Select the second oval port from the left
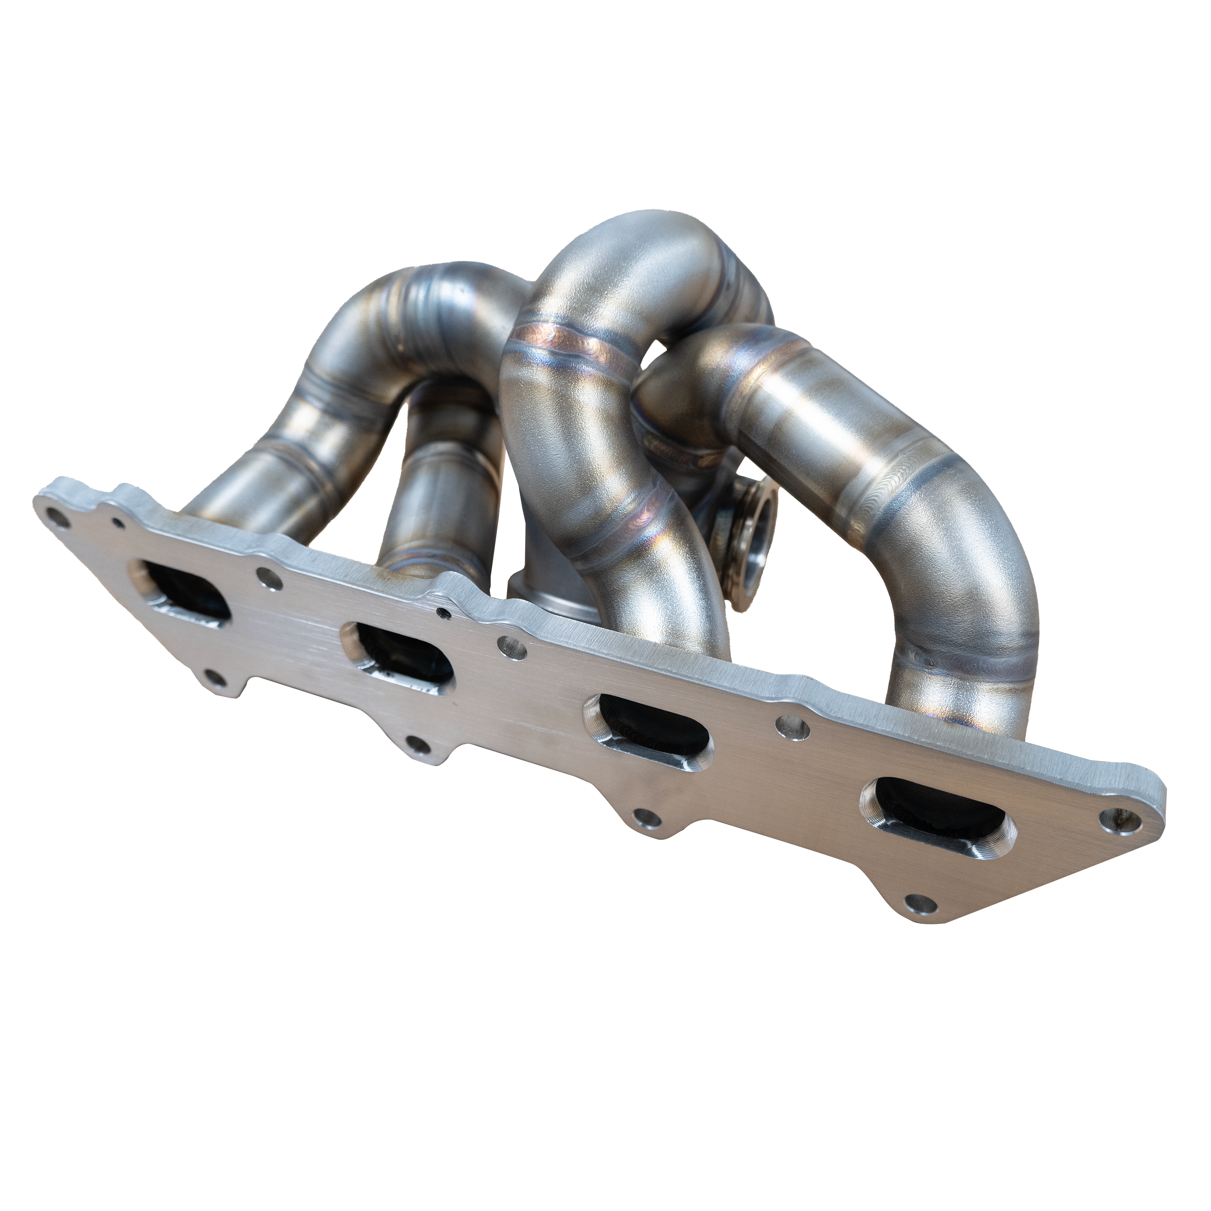point(397,657)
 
